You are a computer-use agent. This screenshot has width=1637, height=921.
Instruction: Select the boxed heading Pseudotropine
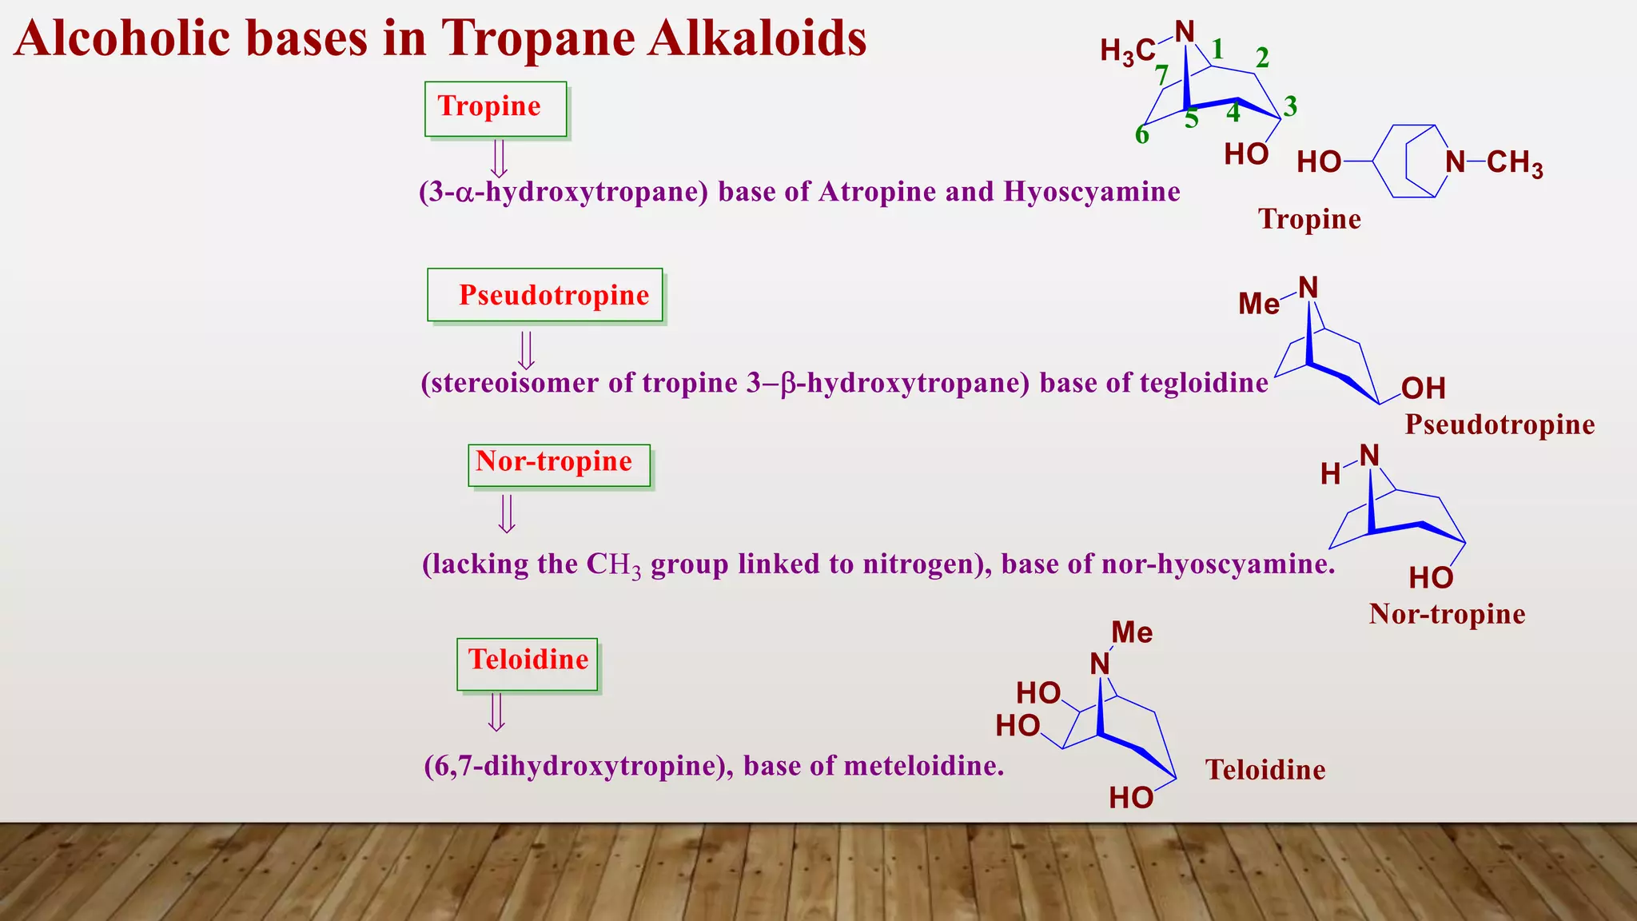point(553,295)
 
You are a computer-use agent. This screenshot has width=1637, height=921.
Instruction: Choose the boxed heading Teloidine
point(528,660)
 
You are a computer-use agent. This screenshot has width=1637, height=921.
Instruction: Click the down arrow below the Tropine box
point(499,158)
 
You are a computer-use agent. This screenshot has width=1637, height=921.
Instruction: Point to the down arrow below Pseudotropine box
point(526,350)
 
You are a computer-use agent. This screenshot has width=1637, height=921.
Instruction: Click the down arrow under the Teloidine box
point(496,712)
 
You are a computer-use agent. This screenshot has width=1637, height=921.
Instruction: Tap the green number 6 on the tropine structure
point(1142,135)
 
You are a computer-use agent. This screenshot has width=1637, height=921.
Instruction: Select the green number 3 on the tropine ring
point(1290,106)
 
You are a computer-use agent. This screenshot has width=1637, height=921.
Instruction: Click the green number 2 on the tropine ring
point(1262,58)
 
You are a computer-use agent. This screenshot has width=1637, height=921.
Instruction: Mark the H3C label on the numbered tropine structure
point(1127,52)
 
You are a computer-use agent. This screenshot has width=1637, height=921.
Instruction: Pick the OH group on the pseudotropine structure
point(1424,389)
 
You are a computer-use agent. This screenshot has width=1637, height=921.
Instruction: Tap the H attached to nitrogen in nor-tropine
point(1330,474)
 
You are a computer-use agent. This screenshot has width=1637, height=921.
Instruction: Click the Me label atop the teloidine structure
point(1132,633)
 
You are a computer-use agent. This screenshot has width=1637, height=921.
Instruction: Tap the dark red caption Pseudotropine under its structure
point(1500,425)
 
